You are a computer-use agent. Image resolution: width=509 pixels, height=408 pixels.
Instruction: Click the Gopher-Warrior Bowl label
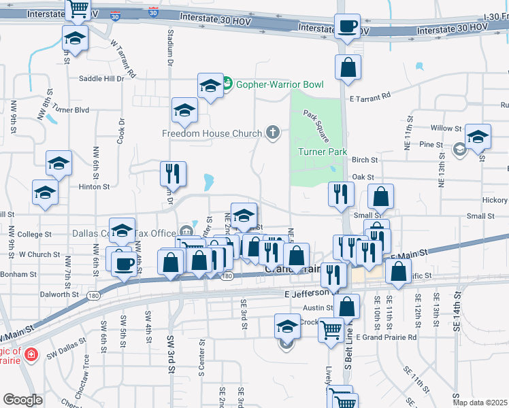coord(279,84)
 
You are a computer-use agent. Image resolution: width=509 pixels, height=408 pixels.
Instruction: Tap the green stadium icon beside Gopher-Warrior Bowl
coord(228,84)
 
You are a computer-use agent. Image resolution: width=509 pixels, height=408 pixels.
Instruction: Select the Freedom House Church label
coord(212,133)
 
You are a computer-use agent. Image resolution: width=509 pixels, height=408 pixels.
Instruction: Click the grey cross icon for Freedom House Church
coord(273,132)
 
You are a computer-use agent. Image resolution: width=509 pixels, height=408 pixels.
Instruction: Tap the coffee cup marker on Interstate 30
coord(348,28)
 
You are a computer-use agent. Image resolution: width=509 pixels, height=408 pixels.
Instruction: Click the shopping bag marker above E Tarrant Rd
coord(348,67)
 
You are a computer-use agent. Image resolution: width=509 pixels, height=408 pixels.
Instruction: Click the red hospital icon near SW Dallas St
coord(30,354)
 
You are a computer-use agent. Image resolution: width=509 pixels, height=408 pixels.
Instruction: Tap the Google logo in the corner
coord(23,400)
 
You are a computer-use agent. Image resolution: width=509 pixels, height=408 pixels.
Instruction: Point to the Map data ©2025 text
coord(480,403)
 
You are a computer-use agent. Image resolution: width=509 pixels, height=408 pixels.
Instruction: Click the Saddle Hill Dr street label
coord(101,78)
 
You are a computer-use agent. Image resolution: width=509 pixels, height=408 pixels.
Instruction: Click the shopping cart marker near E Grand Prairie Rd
coord(331,330)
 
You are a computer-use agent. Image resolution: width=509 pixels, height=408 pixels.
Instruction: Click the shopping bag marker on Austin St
coord(346,306)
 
